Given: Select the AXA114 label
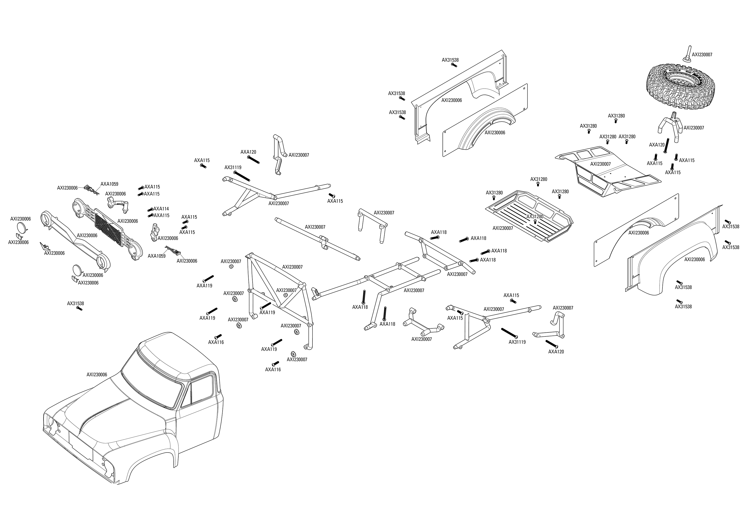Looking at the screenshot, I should tap(161, 209).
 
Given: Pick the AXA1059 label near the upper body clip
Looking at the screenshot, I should tap(110, 184).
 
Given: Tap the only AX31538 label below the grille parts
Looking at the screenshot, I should tap(75, 303).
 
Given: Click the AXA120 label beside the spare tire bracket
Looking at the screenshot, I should tap(657, 145).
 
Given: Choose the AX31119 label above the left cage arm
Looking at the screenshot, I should tap(233, 167).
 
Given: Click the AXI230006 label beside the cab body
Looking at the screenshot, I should tap(97, 375).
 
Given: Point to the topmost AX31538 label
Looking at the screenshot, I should tap(450, 60).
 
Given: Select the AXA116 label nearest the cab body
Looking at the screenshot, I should tap(216, 342).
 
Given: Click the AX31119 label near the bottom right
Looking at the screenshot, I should tap(517, 342).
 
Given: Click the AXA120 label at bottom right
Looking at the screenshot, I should tap(556, 352).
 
